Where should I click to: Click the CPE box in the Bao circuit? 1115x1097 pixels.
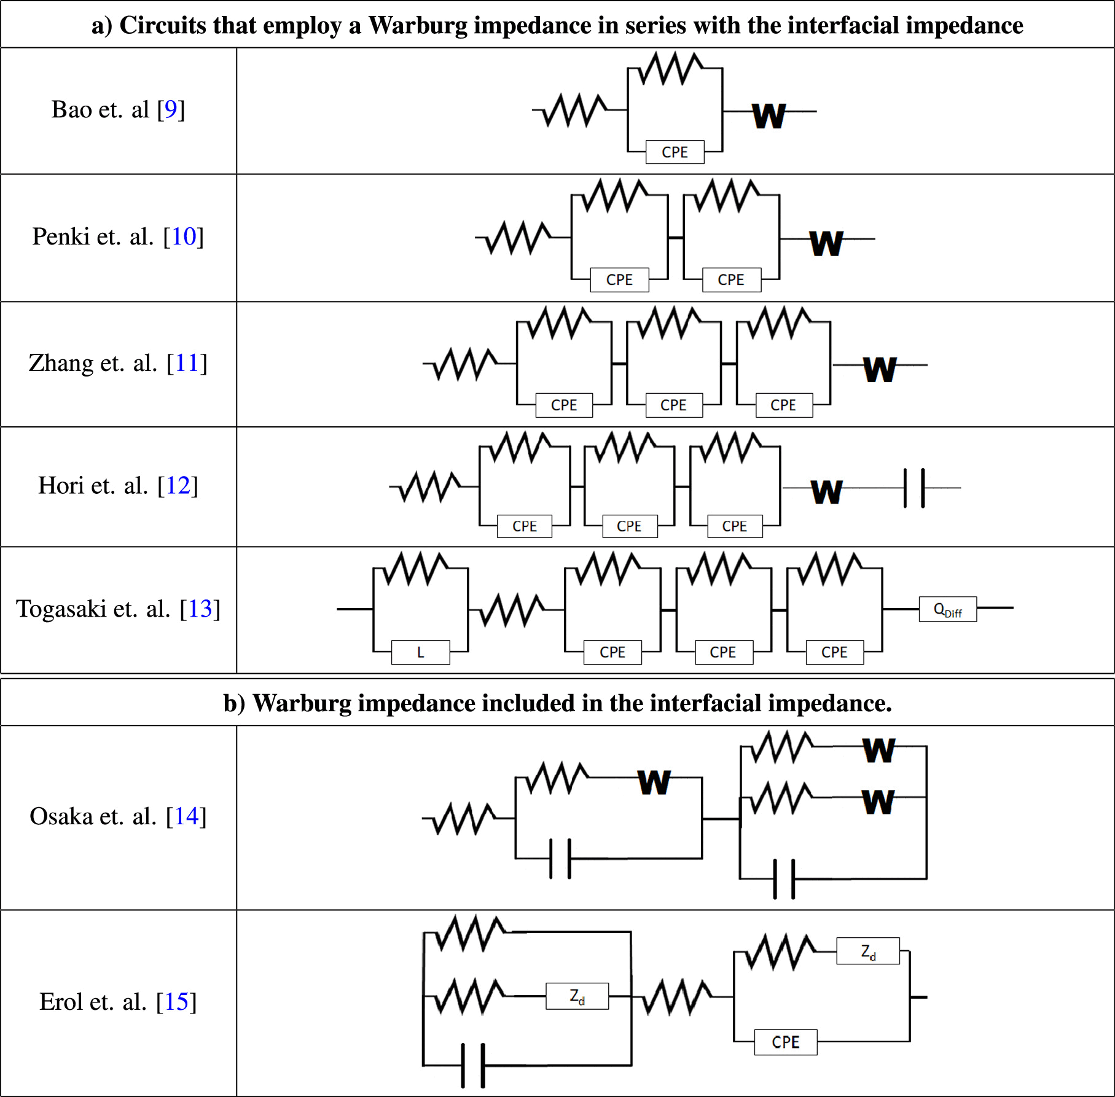[675, 152]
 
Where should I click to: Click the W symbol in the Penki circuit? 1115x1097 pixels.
[826, 243]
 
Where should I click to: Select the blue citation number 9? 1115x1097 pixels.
[171, 109]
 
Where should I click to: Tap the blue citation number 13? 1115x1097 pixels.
[200, 609]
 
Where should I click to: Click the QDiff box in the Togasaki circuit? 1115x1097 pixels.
[947, 609]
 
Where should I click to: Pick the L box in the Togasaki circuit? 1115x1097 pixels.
[420, 652]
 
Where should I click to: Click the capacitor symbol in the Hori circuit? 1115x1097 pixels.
[914, 488]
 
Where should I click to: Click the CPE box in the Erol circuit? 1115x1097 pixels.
[785, 1042]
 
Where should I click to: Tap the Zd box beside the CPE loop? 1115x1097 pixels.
[868, 951]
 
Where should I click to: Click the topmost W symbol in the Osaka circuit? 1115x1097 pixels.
[878, 750]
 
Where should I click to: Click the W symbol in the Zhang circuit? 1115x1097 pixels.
[880, 370]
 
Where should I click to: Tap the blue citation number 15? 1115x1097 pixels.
[176, 1002]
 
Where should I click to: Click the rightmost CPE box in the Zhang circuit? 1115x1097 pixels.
[783, 405]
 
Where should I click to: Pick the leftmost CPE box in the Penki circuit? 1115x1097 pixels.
[619, 279]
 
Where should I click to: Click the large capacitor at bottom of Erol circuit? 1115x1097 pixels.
[473, 1065]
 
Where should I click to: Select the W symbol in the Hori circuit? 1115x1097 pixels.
[826, 492]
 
